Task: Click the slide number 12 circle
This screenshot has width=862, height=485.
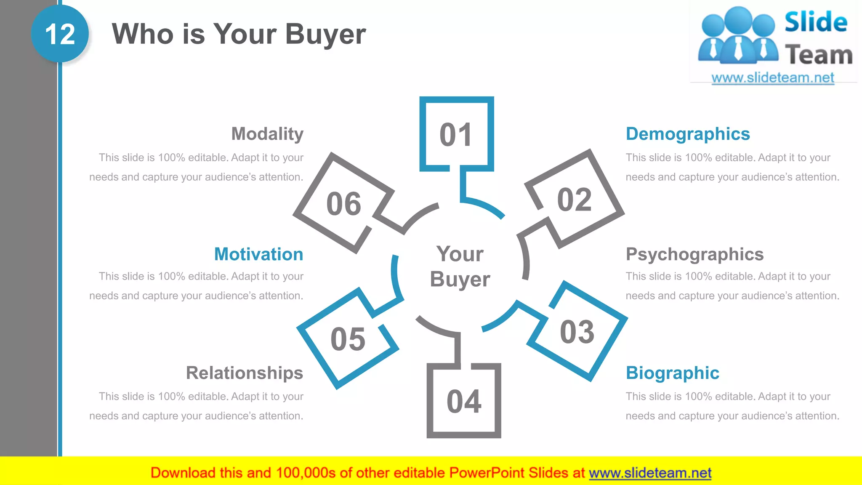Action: (60, 34)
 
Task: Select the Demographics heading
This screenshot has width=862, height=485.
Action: (687, 134)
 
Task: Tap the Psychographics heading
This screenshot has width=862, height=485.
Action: (694, 254)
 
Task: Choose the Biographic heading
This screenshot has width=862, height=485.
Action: (672, 373)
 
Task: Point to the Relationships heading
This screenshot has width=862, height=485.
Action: (244, 373)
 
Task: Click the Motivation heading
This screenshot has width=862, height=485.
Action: (258, 254)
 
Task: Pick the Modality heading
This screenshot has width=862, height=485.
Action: (267, 134)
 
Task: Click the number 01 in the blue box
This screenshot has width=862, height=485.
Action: (456, 135)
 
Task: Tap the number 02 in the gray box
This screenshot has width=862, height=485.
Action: (574, 200)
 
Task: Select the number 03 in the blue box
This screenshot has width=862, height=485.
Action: (577, 332)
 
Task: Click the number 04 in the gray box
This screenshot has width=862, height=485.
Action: (464, 402)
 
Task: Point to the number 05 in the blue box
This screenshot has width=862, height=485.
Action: (348, 339)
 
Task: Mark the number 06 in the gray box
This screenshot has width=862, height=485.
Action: (343, 204)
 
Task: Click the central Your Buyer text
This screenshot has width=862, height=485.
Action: (460, 266)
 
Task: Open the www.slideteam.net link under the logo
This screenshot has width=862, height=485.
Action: (772, 78)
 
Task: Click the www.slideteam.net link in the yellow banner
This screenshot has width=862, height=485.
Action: (650, 473)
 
